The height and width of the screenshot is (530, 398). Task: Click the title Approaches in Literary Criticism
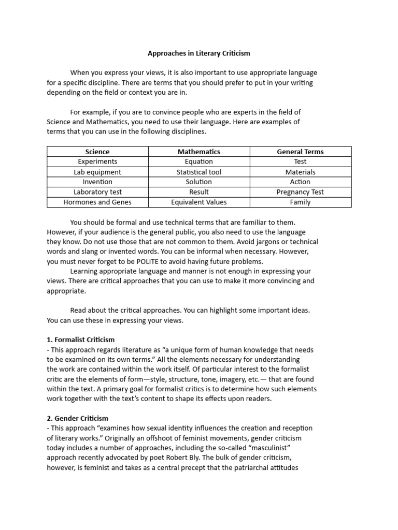tap(199, 53)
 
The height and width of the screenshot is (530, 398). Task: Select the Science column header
tap(97, 152)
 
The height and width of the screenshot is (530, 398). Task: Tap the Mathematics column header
tap(199, 152)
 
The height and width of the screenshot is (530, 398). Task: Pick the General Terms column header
tap(300, 152)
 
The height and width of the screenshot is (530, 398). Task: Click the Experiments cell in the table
tap(97, 161)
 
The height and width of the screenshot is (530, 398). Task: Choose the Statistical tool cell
tap(199, 172)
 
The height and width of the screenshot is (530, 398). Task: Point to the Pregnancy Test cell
tap(300, 192)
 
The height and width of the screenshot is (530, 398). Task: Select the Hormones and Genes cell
tap(97, 202)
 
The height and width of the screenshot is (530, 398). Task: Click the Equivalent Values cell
tap(199, 202)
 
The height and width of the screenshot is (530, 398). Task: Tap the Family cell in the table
tap(300, 202)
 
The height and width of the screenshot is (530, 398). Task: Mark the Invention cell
tap(97, 182)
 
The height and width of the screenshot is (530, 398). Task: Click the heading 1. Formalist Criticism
tap(81, 340)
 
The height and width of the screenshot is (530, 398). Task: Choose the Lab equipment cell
tap(97, 172)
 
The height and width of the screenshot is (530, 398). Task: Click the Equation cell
tap(199, 161)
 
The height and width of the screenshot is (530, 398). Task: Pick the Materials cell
tap(300, 172)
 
